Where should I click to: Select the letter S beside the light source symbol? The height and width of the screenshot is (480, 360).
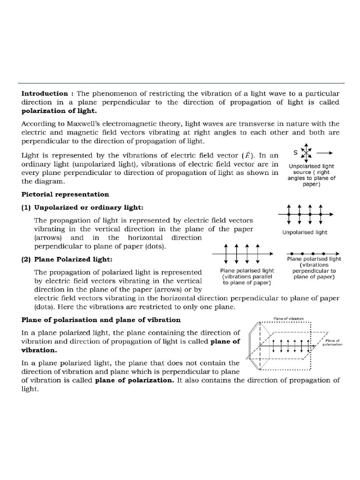(294, 152)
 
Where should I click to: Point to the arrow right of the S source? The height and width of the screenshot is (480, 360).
(325, 153)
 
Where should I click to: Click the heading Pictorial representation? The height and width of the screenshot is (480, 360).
(65, 194)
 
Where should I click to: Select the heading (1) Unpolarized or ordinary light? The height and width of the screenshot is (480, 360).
(82, 208)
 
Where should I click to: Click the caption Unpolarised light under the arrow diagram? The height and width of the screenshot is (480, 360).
(305, 232)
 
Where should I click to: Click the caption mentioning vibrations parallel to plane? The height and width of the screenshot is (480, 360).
(247, 277)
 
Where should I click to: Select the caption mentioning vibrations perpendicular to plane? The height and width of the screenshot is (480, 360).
(314, 268)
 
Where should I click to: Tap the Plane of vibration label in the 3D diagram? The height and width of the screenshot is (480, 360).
(289, 319)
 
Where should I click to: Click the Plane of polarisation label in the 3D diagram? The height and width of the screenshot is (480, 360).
(333, 343)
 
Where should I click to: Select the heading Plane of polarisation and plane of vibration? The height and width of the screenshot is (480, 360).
(101, 320)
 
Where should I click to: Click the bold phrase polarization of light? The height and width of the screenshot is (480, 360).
(59, 111)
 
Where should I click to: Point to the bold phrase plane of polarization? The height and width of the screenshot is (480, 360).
(134, 380)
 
